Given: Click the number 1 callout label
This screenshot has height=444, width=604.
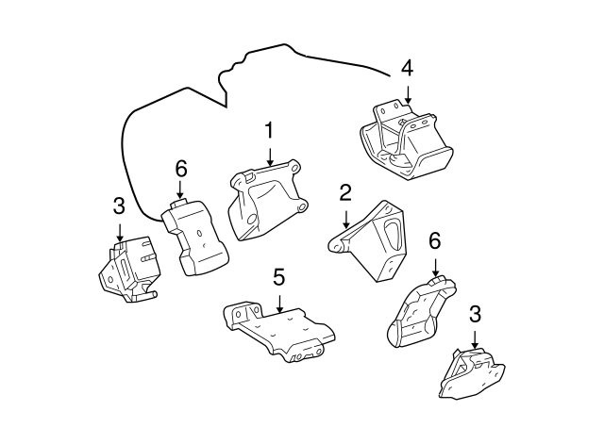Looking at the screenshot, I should tap(270, 129).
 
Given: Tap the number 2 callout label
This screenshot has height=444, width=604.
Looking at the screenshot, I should tap(345, 193).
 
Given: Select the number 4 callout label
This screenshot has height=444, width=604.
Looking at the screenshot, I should tap(407, 68).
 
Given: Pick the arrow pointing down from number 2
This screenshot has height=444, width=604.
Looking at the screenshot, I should tap(345, 218).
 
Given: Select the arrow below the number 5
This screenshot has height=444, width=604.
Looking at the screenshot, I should tap(278, 303).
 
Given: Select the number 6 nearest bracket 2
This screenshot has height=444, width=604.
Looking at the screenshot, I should tap(434, 240).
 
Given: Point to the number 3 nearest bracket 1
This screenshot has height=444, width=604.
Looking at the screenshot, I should tap(119, 205).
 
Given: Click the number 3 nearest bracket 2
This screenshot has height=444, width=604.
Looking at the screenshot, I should tap(475, 314).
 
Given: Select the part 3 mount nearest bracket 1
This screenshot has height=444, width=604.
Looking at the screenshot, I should tap(128, 269).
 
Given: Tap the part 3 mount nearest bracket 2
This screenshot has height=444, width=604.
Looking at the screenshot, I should tap(469, 374).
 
